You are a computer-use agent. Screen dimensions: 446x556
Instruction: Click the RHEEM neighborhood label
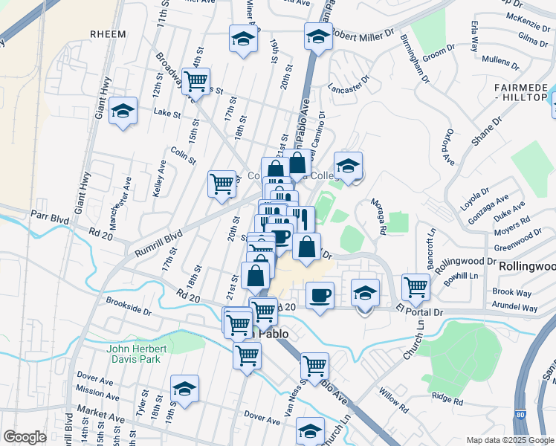point(108,34)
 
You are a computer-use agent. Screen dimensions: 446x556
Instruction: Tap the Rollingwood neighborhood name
point(528,266)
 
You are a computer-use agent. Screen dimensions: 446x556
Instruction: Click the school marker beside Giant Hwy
point(123,111)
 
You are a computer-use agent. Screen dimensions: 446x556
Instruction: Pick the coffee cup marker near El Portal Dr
point(320,295)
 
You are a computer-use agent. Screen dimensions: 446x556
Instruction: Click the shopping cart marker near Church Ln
point(416,286)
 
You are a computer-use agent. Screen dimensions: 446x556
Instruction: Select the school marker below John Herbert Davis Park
point(184,388)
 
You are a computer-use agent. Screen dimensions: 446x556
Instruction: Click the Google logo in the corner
point(25,437)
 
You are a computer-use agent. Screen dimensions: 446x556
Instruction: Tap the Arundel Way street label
point(514,307)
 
